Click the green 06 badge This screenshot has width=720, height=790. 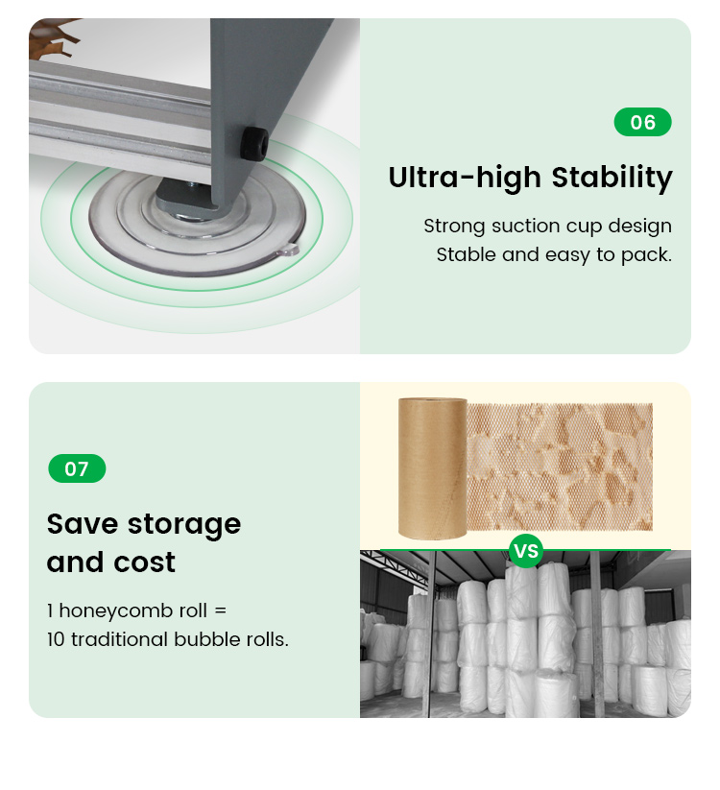(x=642, y=122)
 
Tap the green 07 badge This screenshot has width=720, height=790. (x=77, y=468)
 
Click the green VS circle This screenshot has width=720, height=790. (x=526, y=551)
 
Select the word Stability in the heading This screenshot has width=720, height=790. (x=612, y=178)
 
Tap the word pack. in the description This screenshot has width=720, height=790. (x=646, y=255)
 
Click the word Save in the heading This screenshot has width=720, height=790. (x=84, y=524)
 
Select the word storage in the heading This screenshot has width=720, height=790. (x=184, y=525)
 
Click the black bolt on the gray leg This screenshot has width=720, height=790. (x=252, y=144)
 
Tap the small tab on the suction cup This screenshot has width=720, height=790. (x=289, y=250)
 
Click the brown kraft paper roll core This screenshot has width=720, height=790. (x=432, y=468)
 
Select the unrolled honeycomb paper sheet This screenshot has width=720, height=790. (x=560, y=467)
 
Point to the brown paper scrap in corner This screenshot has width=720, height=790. (x=54, y=38)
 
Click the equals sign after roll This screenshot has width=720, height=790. (x=220, y=611)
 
